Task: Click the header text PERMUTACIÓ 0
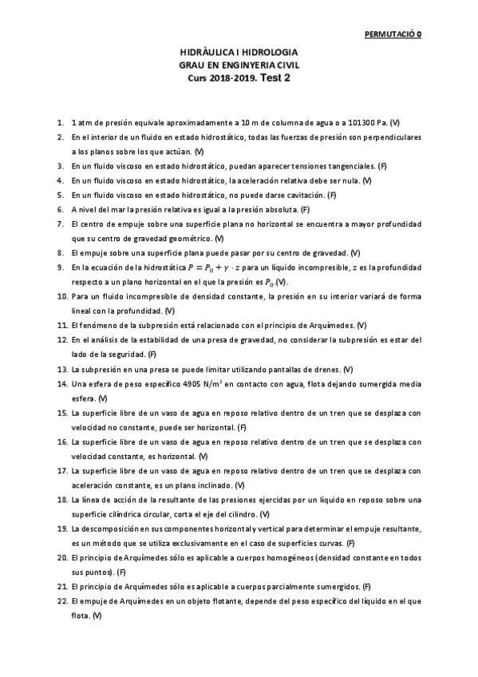393,35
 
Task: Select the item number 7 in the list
60,224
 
